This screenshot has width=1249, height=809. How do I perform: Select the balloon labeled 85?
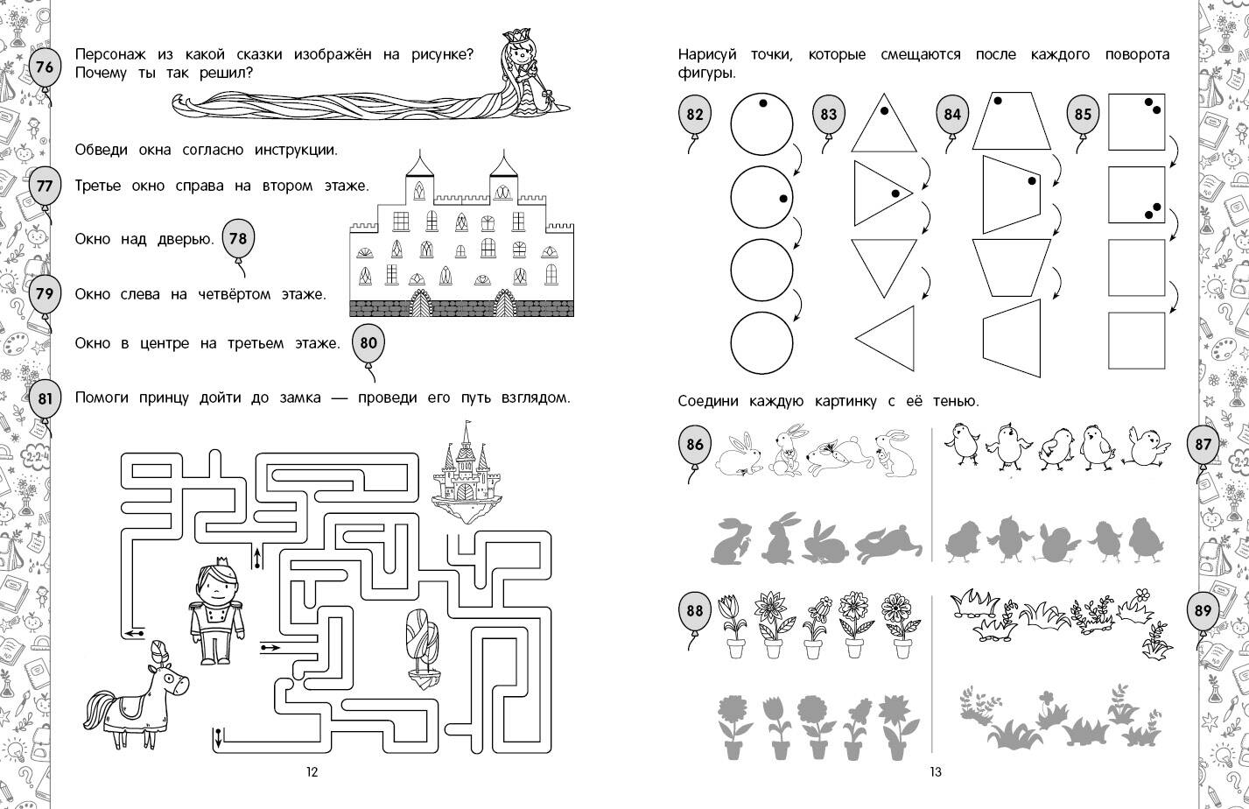point(1083,116)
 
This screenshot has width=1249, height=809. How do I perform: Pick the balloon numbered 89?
point(1203,611)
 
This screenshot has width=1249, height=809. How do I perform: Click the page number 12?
point(312,771)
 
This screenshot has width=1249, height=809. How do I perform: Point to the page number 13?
point(936,771)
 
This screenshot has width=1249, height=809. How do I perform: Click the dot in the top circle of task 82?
point(762,102)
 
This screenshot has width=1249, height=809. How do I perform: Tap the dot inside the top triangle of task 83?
point(884,110)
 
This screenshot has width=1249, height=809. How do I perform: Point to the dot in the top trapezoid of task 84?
point(998,101)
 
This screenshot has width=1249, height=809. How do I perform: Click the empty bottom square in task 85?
point(1136,341)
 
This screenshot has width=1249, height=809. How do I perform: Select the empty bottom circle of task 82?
point(761,342)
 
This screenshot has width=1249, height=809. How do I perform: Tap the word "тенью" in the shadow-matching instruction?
point(956,401)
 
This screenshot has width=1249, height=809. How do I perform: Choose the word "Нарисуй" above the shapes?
point(707,55)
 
